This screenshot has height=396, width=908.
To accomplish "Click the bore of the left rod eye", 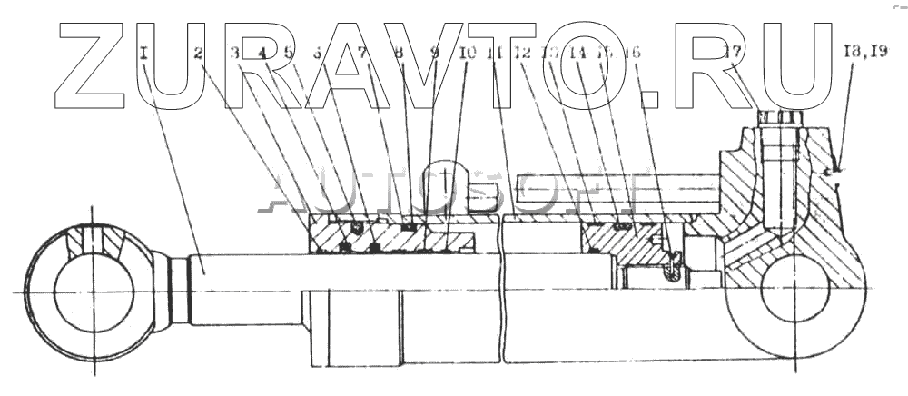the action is [94, 291].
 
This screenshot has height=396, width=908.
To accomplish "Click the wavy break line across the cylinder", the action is [502, 300].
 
